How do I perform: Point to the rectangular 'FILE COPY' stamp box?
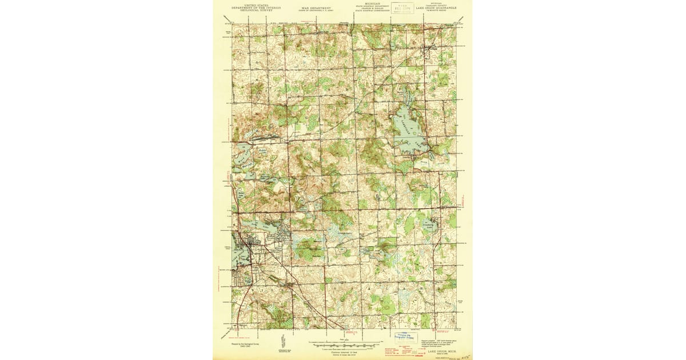tap(402, 8)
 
